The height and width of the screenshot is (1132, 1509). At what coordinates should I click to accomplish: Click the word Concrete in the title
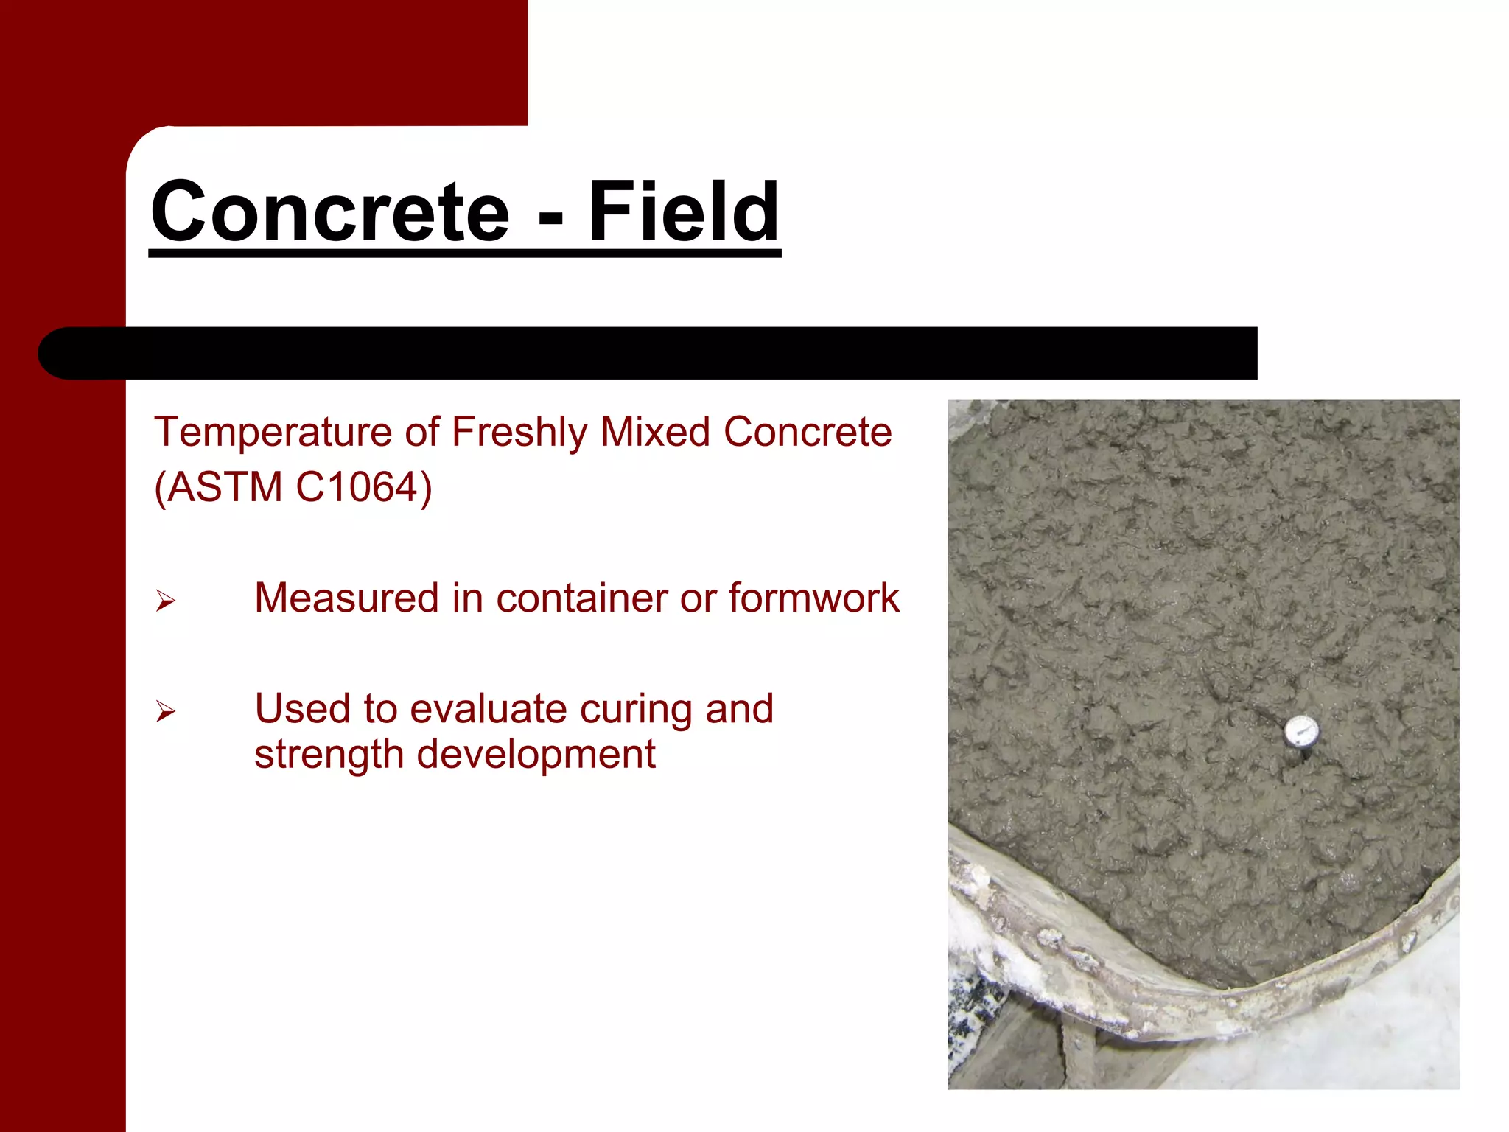pos(330,212)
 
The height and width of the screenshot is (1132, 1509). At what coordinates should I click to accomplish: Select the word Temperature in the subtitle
pos(273,432)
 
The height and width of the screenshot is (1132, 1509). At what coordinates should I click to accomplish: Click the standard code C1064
pos(357,487)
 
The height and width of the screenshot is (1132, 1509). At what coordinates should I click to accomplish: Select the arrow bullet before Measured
pos(165,601)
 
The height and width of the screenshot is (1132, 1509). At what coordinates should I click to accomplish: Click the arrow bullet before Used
pos(165,711)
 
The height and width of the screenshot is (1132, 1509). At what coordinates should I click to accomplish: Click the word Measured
pos(346,598)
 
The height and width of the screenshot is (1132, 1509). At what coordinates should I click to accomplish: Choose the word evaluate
pos(488,709)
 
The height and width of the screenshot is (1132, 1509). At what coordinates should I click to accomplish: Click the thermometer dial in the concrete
pos(1301,732)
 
